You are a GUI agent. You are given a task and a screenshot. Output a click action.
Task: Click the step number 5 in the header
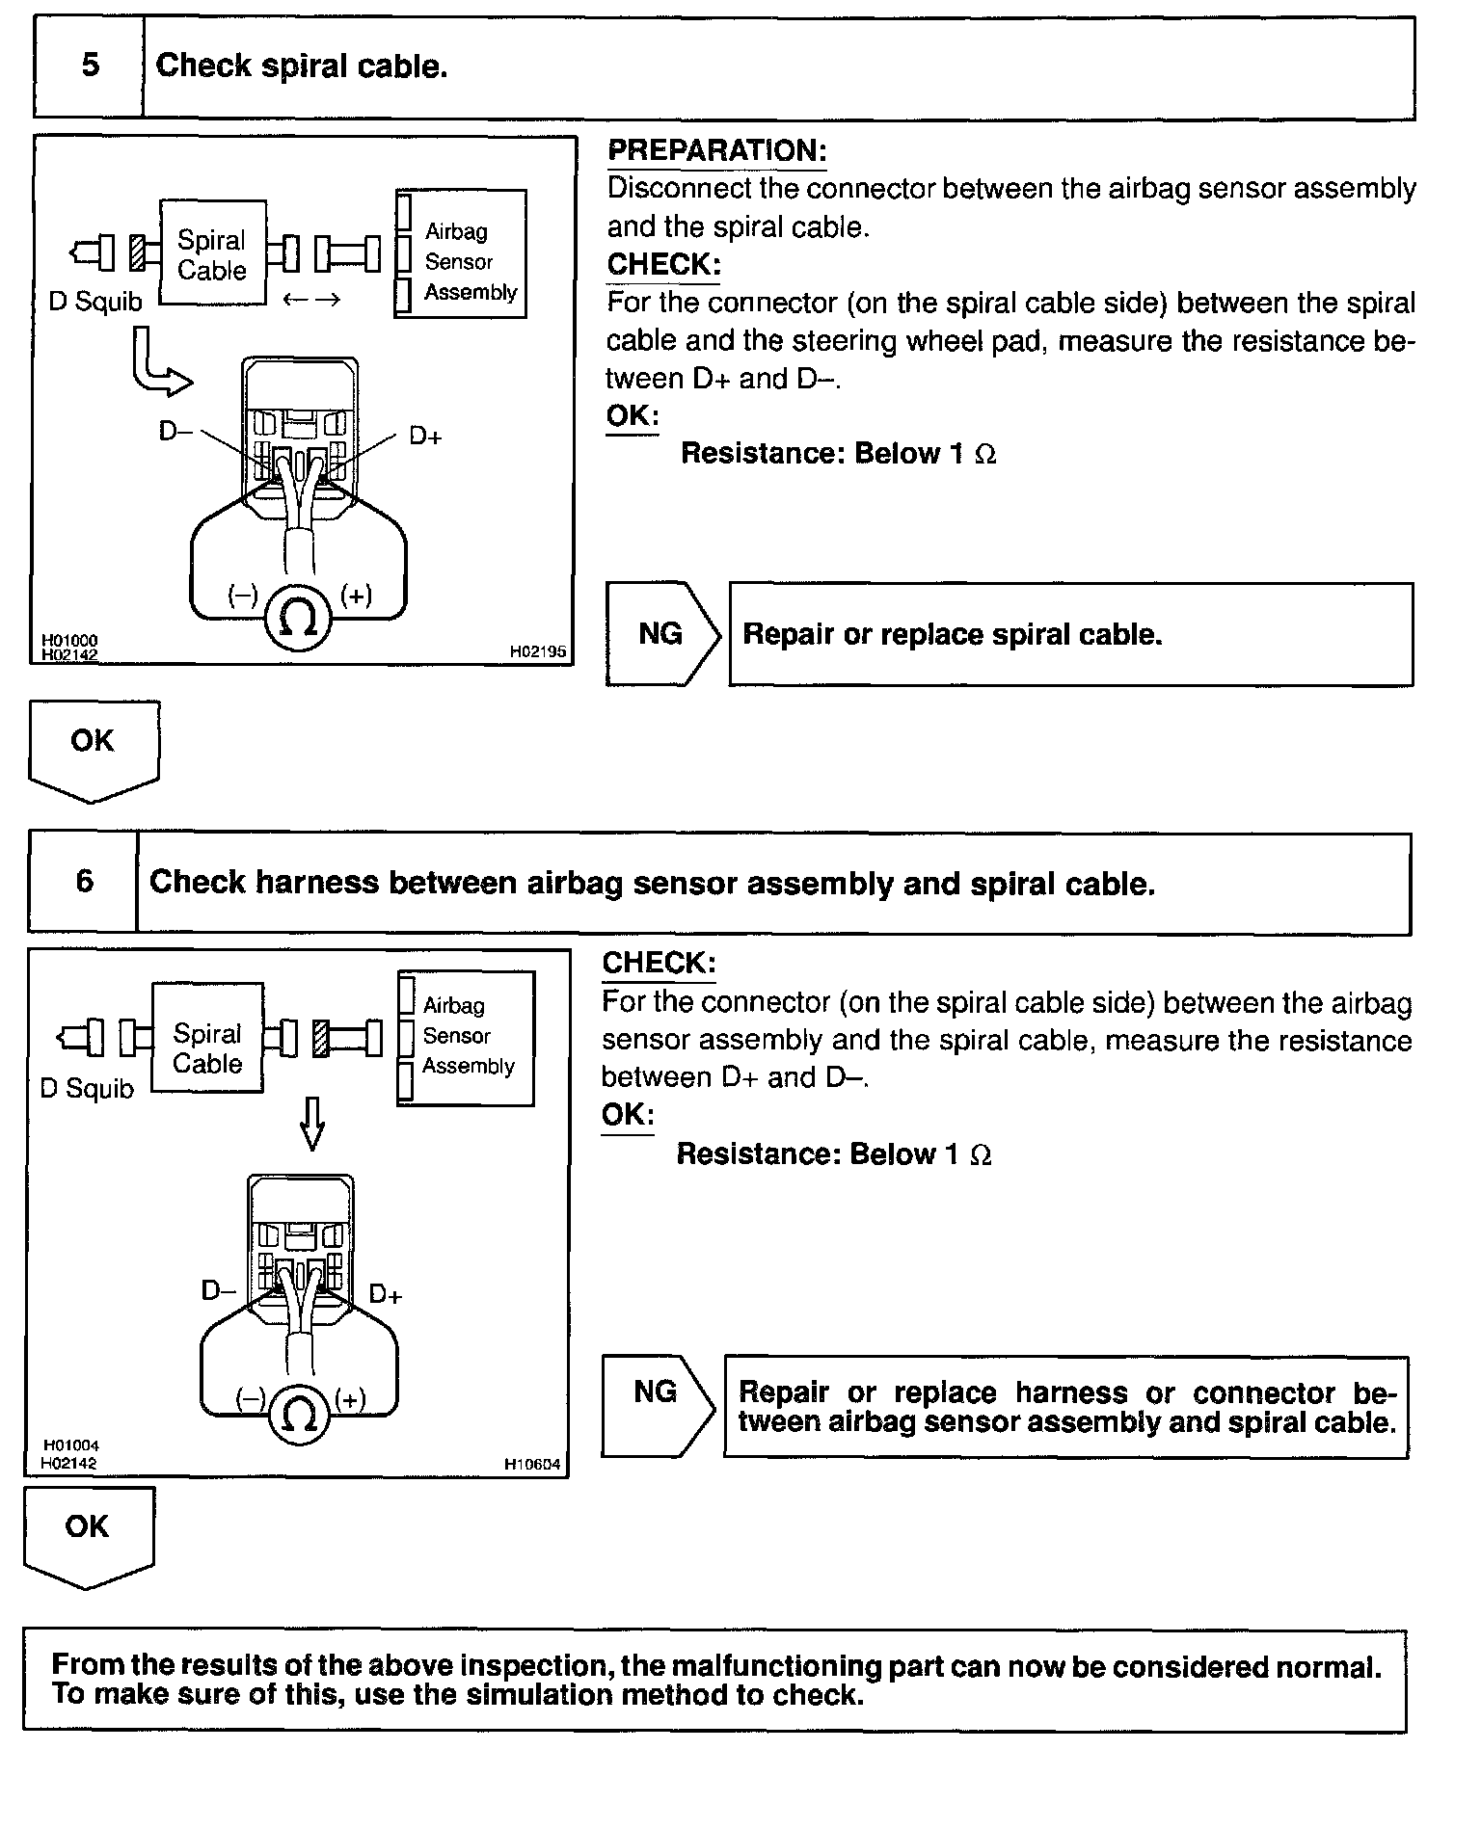pos(90,66)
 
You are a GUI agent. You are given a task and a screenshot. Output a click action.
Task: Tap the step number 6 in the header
pos(85,882)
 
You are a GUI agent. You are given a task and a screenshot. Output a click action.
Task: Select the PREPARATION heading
pos(716,151)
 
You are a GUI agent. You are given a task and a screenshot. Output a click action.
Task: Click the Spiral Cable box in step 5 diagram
pos(212,253)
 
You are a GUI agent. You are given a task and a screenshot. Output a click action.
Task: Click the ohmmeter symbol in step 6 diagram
pos(298,1414)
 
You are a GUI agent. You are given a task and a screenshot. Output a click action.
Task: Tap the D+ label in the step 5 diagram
pos(425,437)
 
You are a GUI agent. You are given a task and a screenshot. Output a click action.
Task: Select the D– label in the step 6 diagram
pos(218,1290)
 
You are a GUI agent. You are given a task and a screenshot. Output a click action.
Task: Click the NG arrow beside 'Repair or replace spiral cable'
pos(662,633)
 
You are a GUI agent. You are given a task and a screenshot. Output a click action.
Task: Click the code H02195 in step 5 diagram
pos(538,652)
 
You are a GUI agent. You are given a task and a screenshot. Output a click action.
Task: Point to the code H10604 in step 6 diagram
pos(532,1466)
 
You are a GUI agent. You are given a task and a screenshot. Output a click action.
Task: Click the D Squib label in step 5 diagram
pos(94,302)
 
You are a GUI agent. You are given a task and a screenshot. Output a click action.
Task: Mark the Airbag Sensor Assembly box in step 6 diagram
pos(467,1037)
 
